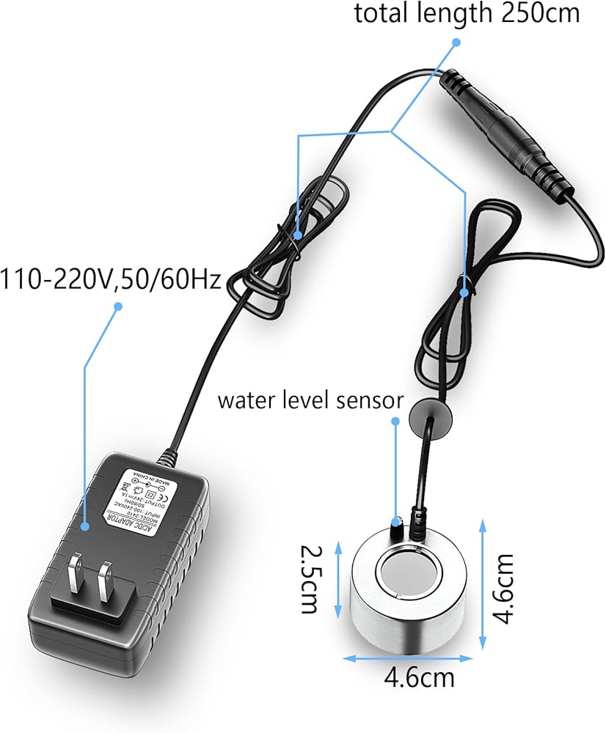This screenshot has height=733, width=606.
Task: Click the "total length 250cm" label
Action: pos(467,12)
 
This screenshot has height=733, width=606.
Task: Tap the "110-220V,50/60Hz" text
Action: pos(111,279)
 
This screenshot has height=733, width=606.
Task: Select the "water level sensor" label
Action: pos(310,401)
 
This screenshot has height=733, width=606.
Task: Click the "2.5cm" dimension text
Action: pos(310,578)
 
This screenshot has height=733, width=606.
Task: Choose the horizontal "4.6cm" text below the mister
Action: pos(419,677)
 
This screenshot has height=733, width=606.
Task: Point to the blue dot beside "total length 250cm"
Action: pos(456,43)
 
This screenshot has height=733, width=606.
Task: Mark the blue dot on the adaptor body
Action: pos(85,525)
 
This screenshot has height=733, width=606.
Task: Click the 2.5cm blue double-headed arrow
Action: pos(338,578)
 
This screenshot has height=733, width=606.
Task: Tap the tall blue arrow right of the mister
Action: pos(482,586)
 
